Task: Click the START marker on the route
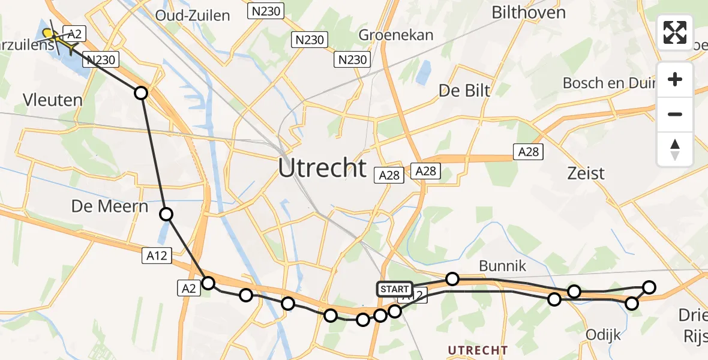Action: pos(394,289)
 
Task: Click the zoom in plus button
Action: pos(675,80)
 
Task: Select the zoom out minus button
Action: pos(675,114)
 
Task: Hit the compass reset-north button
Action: pos(675,149)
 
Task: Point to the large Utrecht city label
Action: pos(322,168)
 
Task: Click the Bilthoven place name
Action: pos(529,13)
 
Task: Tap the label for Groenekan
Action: pos(396,35)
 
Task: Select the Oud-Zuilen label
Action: pos(193,16)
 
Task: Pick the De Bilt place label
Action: pos(464,91)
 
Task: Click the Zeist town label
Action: pos(586,173)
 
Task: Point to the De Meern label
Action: pos(110,206)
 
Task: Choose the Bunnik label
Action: pos(502,266)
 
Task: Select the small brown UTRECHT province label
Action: pos(478,350)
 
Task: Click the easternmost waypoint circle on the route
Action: pos(649,287)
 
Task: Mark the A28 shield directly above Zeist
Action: pos(529,152)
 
